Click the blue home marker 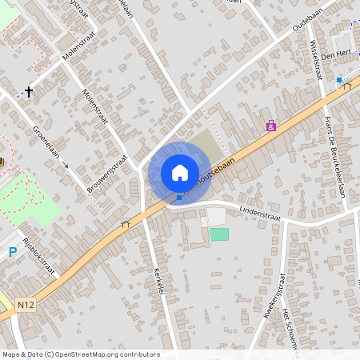tap(179, 172)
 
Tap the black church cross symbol tap(30, 92)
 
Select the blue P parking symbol tap(13, 252)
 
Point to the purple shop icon tap(271, 126)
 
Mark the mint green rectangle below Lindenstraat tap(219, 234)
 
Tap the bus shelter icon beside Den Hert tap(347, 86)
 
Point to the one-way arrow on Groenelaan tap(65, 166)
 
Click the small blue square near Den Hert tap(339, 80)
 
